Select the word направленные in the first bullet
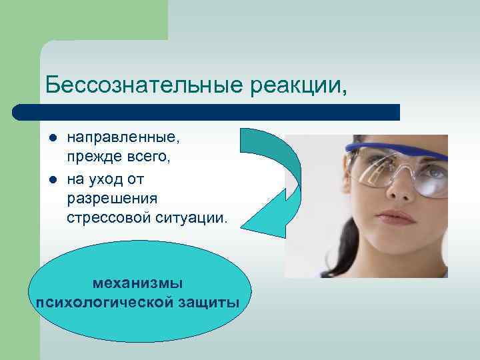[123, 137]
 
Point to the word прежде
[88, 159]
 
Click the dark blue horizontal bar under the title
[207, 112]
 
